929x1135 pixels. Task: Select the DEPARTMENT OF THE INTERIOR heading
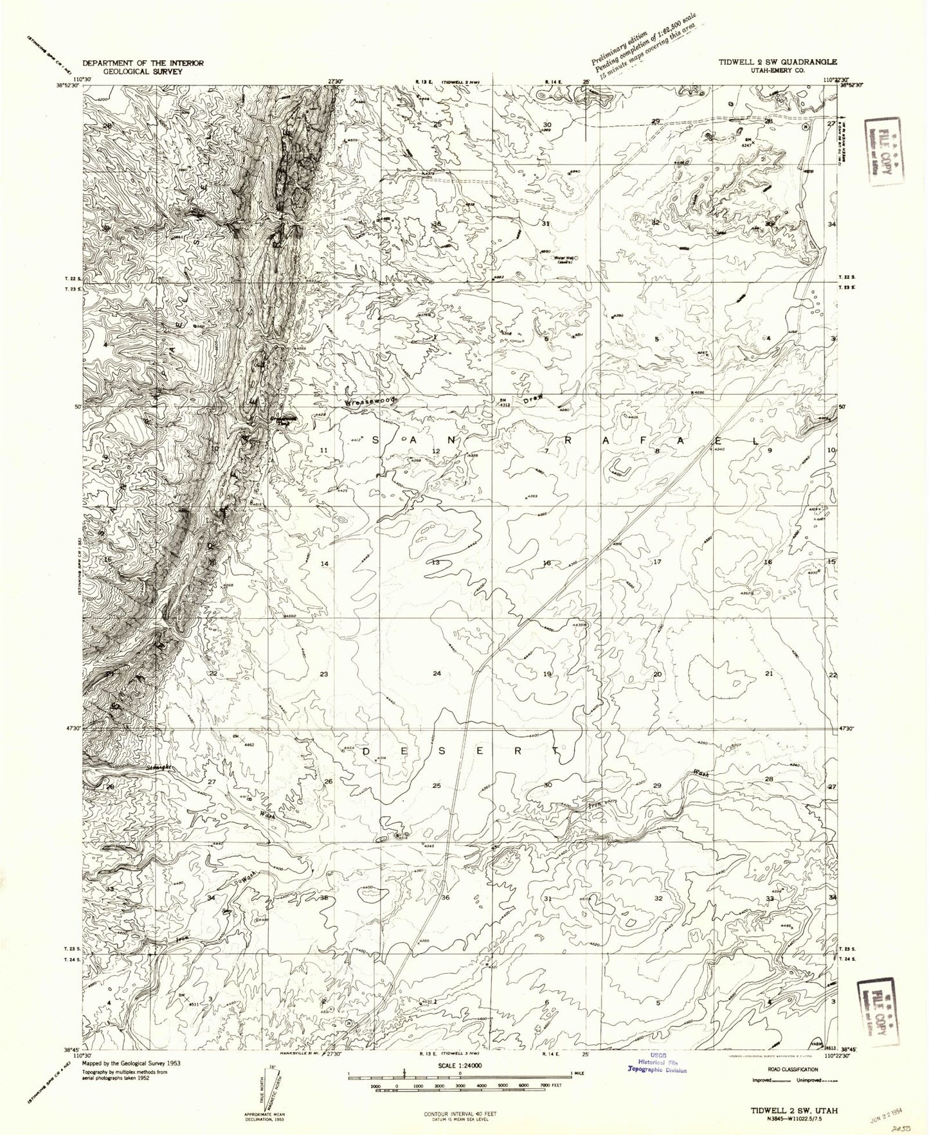pyautogui.click(x=143, y=63)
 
